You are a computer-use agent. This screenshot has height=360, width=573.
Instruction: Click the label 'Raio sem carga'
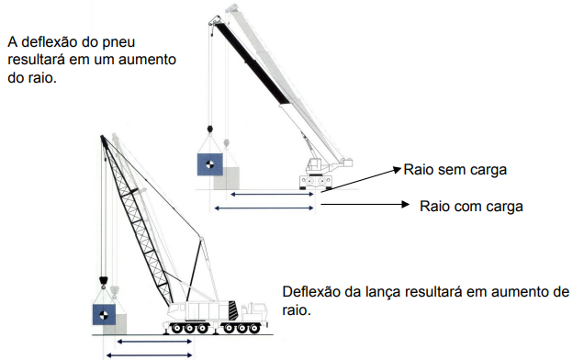(455, 170)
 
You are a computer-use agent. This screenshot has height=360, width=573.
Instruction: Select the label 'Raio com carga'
(471, 207)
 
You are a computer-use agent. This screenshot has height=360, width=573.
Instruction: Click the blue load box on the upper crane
(209, 164)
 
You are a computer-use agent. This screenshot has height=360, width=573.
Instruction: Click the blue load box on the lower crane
(104, 315)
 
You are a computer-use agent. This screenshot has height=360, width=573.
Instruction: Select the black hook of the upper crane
(209, 129)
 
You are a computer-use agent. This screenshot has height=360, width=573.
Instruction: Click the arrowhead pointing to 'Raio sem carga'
(398, 169)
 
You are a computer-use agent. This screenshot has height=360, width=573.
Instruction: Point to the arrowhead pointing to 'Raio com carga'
(406, 204)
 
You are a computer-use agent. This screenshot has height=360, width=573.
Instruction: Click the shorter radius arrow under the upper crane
(272, 195)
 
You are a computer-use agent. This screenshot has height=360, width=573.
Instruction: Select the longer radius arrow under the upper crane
(264, 208)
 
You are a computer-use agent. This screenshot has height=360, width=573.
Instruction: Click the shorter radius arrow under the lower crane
(154, 342)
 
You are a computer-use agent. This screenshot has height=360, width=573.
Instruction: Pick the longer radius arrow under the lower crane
(149, 354)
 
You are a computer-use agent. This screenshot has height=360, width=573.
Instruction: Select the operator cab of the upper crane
(313, 166)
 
